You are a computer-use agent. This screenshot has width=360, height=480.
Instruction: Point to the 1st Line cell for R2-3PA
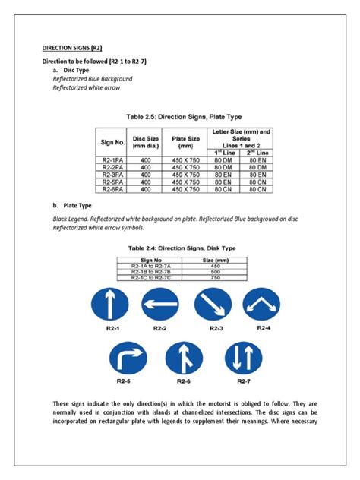223,175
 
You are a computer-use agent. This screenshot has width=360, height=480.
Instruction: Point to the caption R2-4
265,328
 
